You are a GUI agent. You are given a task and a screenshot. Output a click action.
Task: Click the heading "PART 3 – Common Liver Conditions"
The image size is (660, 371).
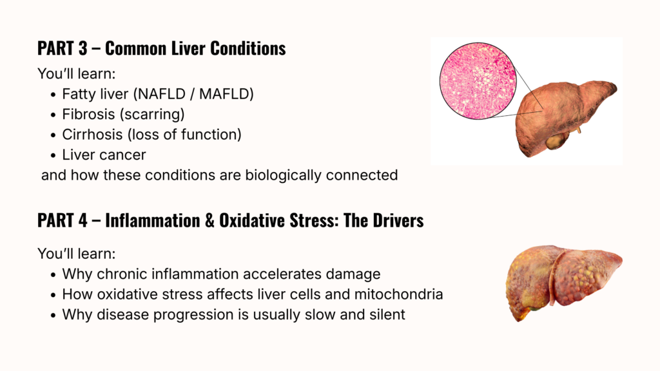[162, 48]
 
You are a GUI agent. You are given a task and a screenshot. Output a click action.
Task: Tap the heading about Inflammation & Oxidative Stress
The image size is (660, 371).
[231, 220]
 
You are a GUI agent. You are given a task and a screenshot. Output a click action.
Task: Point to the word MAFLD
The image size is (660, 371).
[224, 94]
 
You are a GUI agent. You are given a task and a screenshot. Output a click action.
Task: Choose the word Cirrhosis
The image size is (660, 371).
[93, 135]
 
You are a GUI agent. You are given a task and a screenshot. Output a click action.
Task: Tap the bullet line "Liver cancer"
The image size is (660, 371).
[104, 155]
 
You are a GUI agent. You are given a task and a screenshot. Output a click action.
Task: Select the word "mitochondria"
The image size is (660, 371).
[398, 294]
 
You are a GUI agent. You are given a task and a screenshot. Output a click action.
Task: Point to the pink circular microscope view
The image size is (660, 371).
[478, 81]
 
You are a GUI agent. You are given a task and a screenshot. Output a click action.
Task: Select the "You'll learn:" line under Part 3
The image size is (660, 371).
[76, 73]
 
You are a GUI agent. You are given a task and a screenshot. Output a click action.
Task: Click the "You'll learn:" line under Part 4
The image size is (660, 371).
[76, 254]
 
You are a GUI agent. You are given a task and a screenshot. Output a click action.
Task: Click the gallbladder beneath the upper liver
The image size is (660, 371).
[556, 141]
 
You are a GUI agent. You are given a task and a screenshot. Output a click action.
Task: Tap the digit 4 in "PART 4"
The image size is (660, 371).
[82, 220]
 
